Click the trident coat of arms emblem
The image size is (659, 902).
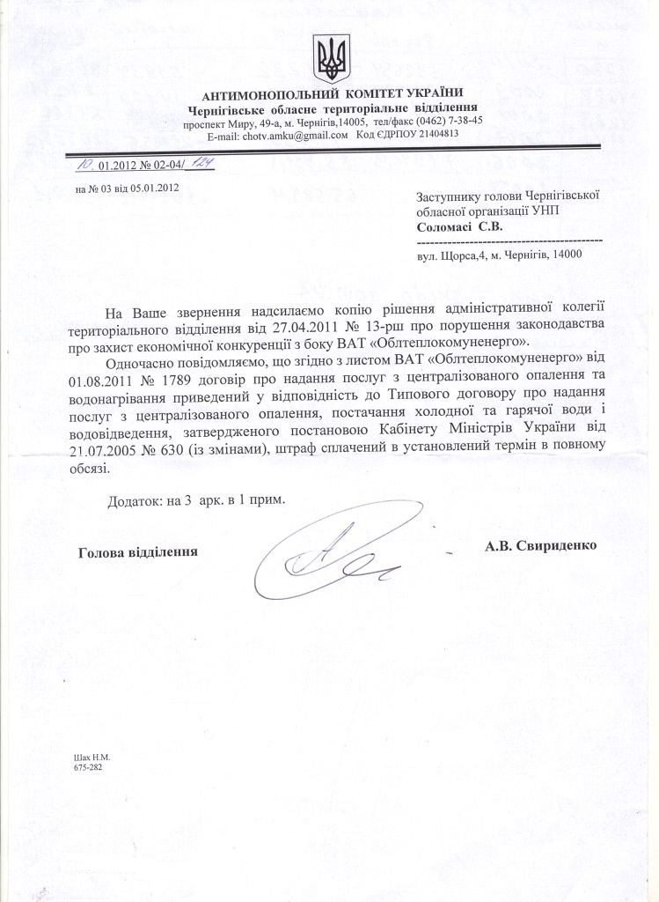click(332, 58)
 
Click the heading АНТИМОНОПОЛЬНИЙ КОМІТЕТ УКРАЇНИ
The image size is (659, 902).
click(332, 93)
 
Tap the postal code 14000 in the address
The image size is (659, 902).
click(566, 255)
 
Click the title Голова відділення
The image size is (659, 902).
click(137, 551)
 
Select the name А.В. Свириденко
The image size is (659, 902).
click(540, 545)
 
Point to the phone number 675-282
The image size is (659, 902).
click(90, 767)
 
